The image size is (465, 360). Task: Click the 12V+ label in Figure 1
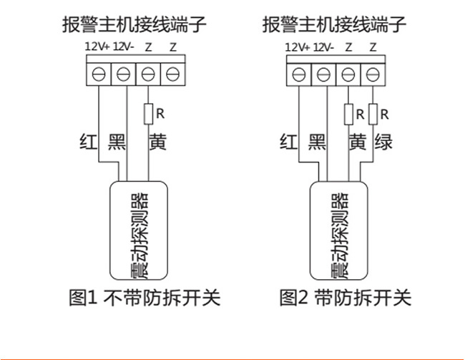pyautogui.click(x=97, y=47)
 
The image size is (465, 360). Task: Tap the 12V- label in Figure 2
pyautogui.click(x=323, y=47)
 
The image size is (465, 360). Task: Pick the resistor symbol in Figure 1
pyautogui.click(x=148, y=113)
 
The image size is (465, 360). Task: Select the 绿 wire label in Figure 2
pyautogui.click(x=383, y=142)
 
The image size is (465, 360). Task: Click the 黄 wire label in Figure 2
pyautogui.click(x=357, y=142)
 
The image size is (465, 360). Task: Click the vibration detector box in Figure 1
pyautogui.click(x=138, y=233)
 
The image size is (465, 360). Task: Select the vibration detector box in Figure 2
pyautogui.click(x=338, y=233)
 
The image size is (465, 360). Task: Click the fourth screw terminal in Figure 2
pyautogui.click(x=372, y=73)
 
